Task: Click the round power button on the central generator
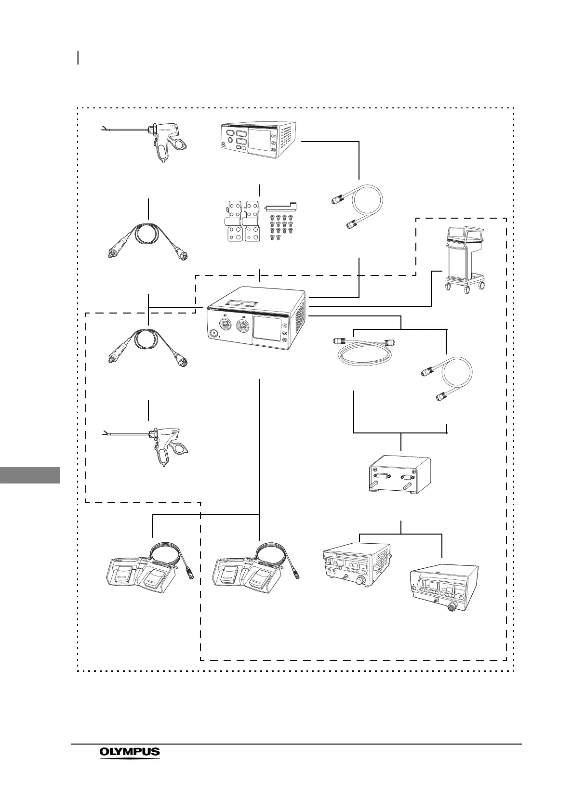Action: tap(213, 333)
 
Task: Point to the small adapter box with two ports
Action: tap(399, 474)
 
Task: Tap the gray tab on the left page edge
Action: tap(30, 475)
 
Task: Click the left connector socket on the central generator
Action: tap(225, 325)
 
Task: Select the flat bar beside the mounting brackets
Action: tap(280, 207)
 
